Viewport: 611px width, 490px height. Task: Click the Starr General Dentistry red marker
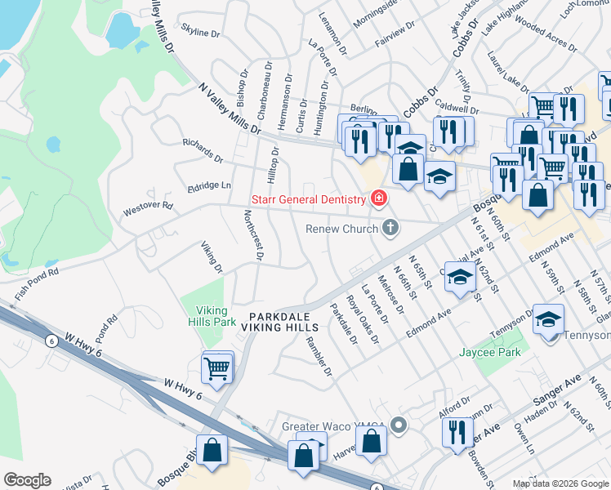click(x=378, y=198)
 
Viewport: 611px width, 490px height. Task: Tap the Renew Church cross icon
click(x=390, y=228)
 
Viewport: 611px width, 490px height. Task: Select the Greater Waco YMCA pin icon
click(x=399, y=425)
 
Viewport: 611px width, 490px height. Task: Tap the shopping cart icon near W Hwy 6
click(x=218, y=367)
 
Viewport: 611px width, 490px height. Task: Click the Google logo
click(x=27, y=480)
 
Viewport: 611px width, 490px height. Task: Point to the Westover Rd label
click(x=148, y=208)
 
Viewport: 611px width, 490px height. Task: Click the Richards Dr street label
click(x=203, y=151)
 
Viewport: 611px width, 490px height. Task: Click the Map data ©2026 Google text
click(x=560, y=483)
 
